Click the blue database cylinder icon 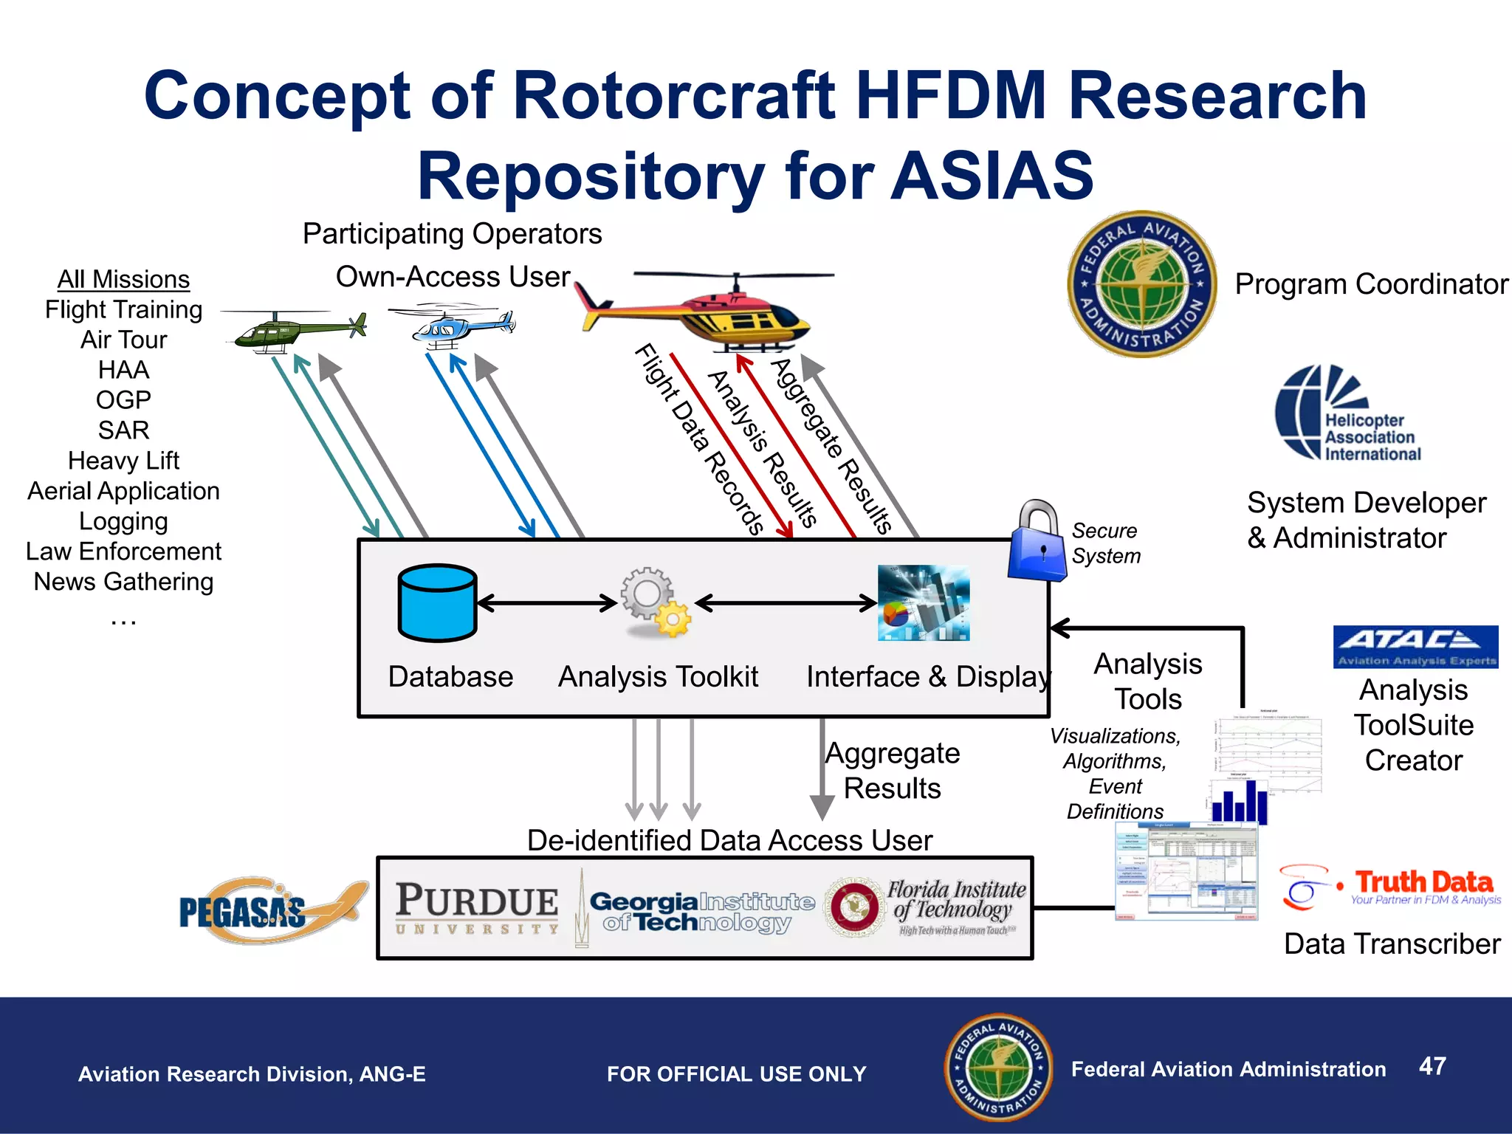click(x=437, y=602)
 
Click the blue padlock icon click(x=1038, y=543)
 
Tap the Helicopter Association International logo click(x=1348, y=414)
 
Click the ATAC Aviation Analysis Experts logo click(x=1415, y=647)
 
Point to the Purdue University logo click(x=477, y=909)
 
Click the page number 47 click(x=1432, y=1066)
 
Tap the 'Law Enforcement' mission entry click(x=123, y=551)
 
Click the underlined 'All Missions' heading click(x=123, y=280)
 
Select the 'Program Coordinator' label click(x=1371, y=284)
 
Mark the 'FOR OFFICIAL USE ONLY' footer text click(x=736, y=1074)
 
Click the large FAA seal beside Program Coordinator click(x=1141, y=284)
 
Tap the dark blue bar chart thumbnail click(x=1239, y=803)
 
